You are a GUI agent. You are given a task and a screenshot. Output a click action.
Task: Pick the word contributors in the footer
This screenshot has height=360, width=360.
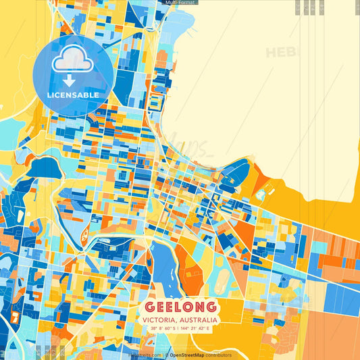[217, 355]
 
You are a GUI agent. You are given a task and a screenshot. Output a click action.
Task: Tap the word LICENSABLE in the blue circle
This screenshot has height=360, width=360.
[73, 95]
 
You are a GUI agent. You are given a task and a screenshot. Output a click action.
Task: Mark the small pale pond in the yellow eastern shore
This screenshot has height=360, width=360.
[260, 195]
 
